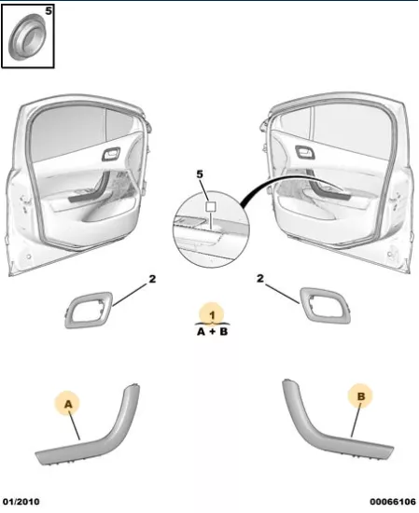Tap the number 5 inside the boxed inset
[x=49, y=11]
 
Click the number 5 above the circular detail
[x=200, y=174]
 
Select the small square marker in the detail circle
[x=211, y=206]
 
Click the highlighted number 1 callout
[x=212, y=315]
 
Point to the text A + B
[x=212, y=332]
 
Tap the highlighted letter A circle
[x=67, y=403]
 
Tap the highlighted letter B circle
[x=360, y=396]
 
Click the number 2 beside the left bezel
[x=152, y=279]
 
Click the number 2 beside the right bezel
[x=260, y=279]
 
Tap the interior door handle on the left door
[x=111, y=154]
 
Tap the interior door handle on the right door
[x=305, y=152]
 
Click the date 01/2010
[x=21, y=502]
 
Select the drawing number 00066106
[x=393, y=502]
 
